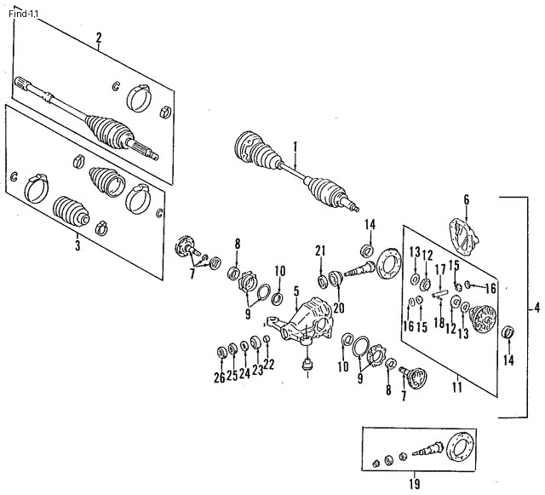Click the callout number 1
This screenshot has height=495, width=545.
coord(295,147)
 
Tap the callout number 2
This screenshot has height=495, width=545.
coord(99,37)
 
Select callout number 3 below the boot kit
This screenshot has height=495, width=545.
coord(77,245)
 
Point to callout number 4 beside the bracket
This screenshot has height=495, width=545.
coord(537,308)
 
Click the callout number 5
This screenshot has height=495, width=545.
coord(296,291)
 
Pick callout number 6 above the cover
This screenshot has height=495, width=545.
coord(467,199)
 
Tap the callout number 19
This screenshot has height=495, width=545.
coord(415,484)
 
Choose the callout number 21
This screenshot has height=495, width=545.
coord(320,250)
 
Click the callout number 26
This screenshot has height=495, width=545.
coord(220,377)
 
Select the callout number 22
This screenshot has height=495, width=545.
coord(269,364)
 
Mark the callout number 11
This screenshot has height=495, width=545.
coord(457,387)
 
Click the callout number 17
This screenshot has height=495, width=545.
coord(440,269)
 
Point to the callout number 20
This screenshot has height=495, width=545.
coord(339,308)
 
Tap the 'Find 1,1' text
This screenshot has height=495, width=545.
coord(24,14)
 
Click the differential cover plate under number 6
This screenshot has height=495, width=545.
coord(464,237)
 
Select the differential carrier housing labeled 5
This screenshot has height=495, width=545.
coord(301,319)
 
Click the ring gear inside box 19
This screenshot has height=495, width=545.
coord(461,446)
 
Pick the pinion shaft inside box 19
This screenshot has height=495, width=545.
coord(428,449)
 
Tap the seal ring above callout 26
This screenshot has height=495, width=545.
coord(221,353)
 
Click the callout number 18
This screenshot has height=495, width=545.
coord(439,322)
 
